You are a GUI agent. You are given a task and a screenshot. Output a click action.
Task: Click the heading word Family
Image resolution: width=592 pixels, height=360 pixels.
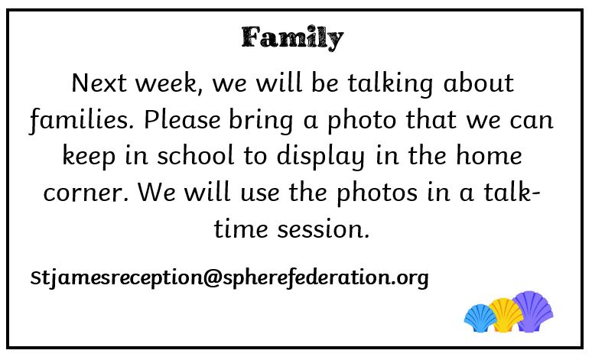[292, 37]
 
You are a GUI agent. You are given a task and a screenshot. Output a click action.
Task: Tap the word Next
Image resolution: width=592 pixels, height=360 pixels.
[99, 83]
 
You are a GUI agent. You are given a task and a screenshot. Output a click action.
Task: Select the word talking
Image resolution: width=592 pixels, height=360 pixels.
[390, 84]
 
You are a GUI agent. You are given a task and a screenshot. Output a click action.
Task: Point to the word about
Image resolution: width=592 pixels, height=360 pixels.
[478, 83]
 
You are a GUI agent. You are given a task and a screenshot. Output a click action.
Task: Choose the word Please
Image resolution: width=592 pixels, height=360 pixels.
[182, 119]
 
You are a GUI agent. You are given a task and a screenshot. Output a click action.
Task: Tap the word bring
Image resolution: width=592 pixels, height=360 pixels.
[261, 120]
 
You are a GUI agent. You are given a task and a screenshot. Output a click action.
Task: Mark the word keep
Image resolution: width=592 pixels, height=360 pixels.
[89, 157]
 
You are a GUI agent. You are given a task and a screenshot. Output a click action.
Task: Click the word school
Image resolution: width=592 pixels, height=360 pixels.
[196, 155]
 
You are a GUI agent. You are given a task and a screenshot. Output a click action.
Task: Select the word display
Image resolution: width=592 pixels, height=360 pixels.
[321, 157]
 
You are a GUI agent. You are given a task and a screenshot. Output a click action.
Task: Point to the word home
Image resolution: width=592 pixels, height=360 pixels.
[489, 155]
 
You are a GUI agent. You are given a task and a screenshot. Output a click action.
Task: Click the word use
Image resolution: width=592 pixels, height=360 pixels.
[260, 193]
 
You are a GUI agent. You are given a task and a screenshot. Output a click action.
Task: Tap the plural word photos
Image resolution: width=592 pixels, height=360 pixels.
[377, 193]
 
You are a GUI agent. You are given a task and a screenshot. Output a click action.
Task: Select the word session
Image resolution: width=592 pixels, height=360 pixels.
[324, 230]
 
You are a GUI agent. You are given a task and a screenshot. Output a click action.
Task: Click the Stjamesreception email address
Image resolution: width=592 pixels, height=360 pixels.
[229, 278]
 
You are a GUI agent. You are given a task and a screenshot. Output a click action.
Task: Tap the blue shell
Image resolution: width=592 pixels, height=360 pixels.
[480, 318]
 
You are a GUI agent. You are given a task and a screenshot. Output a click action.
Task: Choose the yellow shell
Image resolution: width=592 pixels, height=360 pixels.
[506, 315]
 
